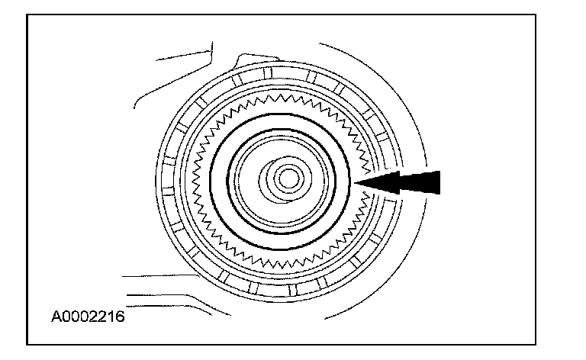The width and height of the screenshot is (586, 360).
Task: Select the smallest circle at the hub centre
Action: [288, 178]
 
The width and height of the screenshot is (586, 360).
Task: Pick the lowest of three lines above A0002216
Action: [153, 300]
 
